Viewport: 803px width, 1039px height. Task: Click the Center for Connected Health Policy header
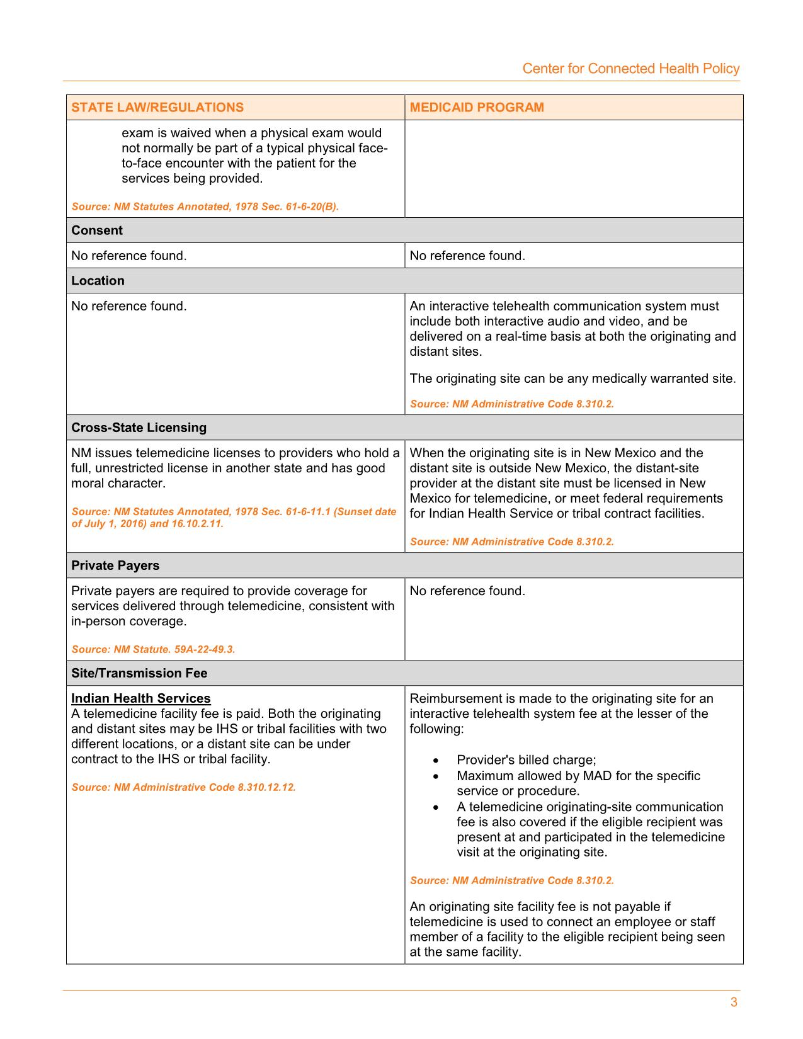click(630, 69)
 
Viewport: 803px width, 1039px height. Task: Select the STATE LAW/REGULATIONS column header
click(157, 107)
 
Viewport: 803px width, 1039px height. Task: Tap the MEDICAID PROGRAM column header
click(477, 107)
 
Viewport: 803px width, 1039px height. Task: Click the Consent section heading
click(97, 230)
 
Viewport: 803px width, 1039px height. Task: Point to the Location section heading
click(98, 281)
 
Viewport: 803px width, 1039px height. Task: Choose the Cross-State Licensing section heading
click(139, 428)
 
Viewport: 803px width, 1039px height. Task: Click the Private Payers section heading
click(115, 565)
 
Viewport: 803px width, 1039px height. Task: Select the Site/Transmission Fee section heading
click(139, 673)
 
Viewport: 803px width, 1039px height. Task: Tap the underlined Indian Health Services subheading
click(141, 698)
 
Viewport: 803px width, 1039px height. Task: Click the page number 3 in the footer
click(734, 1002)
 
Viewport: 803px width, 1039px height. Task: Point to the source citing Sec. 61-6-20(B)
click(205, 207)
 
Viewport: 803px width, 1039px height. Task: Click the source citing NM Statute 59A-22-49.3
click(153, 649)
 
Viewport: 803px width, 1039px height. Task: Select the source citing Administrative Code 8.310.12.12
click(183, 787)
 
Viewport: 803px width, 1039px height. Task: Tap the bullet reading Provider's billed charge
click(526, 760)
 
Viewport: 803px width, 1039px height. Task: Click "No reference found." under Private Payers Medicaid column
click(467, 591)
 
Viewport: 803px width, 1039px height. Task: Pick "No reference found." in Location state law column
click(129, 307)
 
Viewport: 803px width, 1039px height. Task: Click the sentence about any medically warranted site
click(572, 379)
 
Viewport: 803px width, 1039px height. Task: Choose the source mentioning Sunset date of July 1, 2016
click(234, 518)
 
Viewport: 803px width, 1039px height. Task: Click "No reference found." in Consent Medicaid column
click(467, 256)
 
